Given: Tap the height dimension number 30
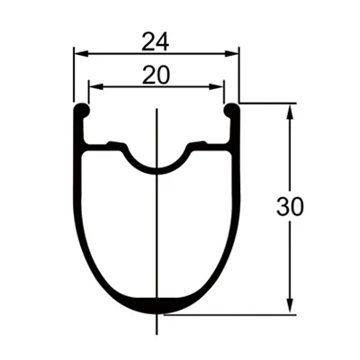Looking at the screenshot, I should click(290, 207).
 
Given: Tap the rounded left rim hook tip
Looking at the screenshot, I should click(81, 110).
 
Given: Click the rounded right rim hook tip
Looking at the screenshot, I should click(231, 110).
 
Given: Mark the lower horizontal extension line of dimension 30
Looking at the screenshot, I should click(234, 314).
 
